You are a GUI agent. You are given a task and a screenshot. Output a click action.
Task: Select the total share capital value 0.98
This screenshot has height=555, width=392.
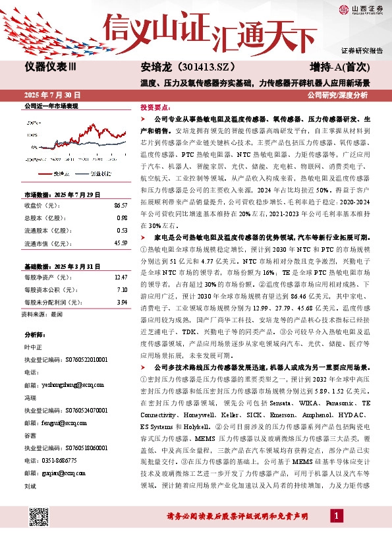[121, 218]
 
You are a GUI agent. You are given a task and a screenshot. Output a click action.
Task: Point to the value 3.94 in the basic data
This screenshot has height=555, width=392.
[121, 303]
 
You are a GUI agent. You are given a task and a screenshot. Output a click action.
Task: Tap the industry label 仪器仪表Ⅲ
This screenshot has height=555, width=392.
[51, 68]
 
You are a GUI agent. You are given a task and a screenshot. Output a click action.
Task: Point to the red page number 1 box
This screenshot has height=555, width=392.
[337, 515]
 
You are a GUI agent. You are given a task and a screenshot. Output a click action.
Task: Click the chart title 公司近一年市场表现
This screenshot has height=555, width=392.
[51, 105]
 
